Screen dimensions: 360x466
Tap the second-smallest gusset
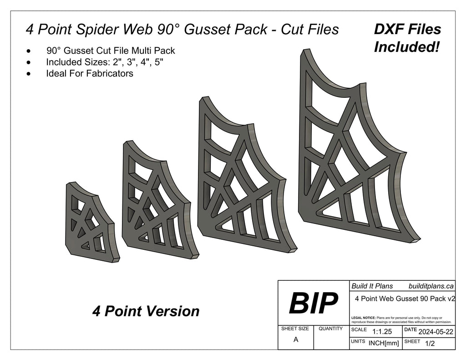(157, 200)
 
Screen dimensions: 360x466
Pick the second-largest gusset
(241, 177)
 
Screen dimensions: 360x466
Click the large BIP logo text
(313, 303)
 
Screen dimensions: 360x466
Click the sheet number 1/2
(429, 344)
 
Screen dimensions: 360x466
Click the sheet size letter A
(296, 340)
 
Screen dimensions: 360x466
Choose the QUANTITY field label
(331, 329)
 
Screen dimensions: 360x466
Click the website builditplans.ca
(431, 286)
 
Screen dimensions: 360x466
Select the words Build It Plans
(372, 286)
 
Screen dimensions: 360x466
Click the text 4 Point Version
(146, 311)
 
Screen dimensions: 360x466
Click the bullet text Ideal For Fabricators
(90, 73)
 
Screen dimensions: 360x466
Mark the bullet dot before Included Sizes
(30, 62)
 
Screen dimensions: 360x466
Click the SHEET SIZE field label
(295, 329)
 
